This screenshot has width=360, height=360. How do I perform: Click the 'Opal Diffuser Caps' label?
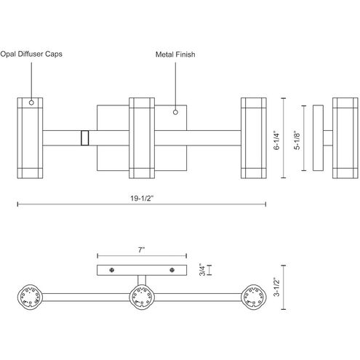tap(31, 54)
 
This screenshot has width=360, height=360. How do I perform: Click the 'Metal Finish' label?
tap(175, 54)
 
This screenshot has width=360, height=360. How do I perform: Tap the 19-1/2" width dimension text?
tap(142, 199)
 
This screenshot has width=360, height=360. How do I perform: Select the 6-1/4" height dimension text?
tap(276, 141)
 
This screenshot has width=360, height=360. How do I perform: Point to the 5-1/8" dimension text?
tap(297, 141)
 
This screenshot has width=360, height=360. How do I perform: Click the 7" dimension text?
tap(141, 249)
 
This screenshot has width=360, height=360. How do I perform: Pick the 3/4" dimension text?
tap(202, 270)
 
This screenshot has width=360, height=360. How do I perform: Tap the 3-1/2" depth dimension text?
tap(276, 287)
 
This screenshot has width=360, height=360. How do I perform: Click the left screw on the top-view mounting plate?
tap(112, 270)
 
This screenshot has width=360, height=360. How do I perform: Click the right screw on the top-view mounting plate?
tap(172, 270)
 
